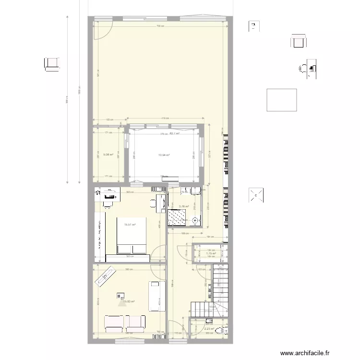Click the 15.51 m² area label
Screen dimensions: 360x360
(130, 225)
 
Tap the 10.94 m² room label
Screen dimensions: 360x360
(165, 155)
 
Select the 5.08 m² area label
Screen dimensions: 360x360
(108, 155)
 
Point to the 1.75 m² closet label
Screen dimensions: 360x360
(211, 253)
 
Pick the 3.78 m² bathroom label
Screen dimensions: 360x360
(184, 207)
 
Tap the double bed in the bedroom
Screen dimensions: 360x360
(132, 236)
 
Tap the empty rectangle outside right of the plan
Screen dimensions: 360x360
(281, 100)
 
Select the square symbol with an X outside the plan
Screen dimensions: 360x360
(256, 196)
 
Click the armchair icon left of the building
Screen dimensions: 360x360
(52, 63)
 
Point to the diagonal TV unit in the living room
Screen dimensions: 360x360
(106, 277)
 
